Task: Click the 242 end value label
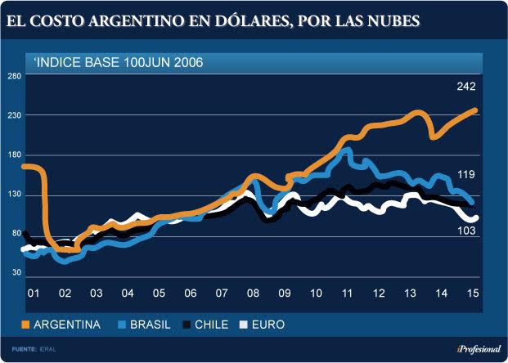[x=467, y=86]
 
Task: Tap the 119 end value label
[x=467, y=173]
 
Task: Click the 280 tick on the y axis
[x=14, y=77]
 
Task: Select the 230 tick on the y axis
[x=14, y=116]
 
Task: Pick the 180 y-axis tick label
[x=14, y=155]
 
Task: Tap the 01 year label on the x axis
[x=34, y=294]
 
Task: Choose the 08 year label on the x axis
[x=253, y=294]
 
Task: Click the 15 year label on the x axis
[x=472, y=294]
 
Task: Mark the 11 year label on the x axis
[x=347, y=294]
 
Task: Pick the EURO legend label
[x=267, y=325]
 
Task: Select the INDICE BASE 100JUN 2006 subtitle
[x=119, y=62]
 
